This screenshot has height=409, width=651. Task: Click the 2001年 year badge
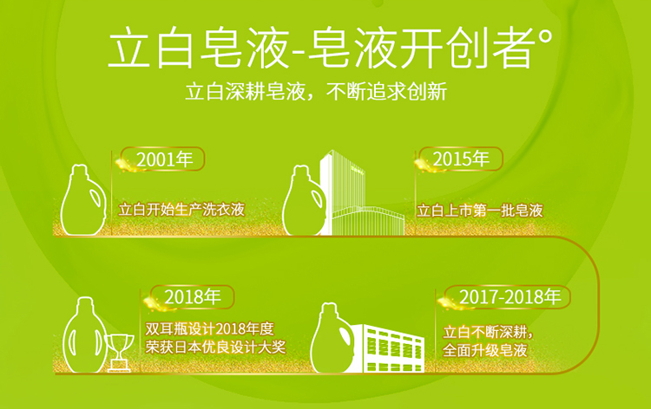click(163, 159)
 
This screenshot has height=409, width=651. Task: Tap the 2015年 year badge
click(460, 159)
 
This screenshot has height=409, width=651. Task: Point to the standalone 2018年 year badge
click(192, 296)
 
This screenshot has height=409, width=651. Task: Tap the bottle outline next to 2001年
click(83, 200)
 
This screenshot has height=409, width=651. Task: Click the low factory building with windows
click(391, 348)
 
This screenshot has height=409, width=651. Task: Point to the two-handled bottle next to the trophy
click(85, 334)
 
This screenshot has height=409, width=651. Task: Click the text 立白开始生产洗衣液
click(181, 210)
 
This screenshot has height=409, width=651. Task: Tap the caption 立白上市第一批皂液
click(479, 211)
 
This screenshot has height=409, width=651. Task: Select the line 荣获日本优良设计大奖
click(215, 347)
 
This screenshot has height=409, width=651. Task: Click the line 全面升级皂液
click(485, 350)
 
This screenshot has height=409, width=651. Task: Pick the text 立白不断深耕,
click(488, 332)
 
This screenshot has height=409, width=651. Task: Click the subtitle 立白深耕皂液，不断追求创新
click(316, 92)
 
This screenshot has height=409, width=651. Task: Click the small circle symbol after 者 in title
click(546, 37)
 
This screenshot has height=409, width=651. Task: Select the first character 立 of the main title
click(129, 48)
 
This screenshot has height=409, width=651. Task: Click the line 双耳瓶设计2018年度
click(210, 329)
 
